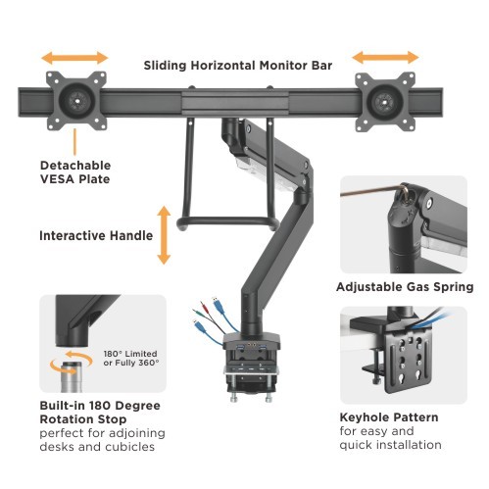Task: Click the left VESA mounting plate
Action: pos(76,101)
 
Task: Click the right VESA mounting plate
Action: pos(385,102)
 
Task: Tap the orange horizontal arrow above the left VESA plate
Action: pos(74,58)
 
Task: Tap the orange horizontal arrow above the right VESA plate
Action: pos(385,58)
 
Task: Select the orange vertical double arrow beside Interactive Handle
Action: pos(164,235)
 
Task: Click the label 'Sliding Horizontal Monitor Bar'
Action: pos(238,66)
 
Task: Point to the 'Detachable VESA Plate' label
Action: pos(75,172)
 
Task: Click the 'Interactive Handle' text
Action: pos(96,235)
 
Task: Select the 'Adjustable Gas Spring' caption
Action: pos(405,287)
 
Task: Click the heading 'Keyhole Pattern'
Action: pos(389,417)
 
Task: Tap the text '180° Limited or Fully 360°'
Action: pos(131,358)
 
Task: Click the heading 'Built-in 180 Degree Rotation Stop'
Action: pos(100,413)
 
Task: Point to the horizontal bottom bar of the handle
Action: pos(228,221)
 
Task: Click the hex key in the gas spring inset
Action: pos(373,192)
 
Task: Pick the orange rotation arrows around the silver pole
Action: pos(72,362)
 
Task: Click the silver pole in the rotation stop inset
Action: pos(70,376)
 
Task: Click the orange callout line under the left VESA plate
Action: pos(74,141)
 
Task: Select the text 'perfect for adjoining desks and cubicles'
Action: pos(102,440)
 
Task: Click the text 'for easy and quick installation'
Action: pos(390,438)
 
